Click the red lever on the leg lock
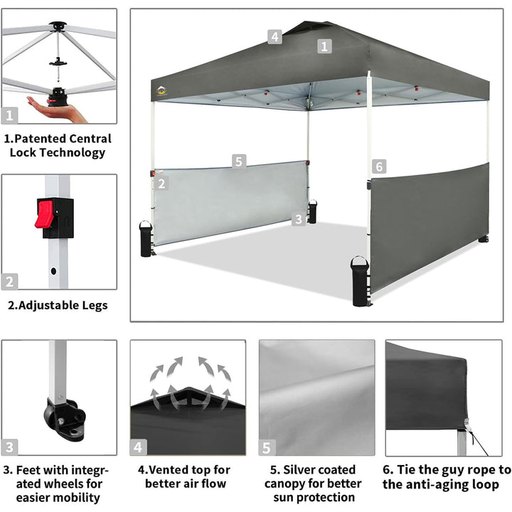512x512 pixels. coord(44,213)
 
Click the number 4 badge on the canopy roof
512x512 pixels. coord(274,37)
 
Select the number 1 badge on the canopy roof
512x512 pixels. coord(324,46)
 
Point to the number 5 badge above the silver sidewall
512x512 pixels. coord(239,161)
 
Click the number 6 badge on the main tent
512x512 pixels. coord(379,166)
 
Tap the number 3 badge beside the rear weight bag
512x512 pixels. coord(299,219)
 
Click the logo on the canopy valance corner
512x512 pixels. coord(161,91)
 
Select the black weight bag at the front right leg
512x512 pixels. coord(360,281)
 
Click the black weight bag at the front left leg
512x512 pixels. coord(146,239)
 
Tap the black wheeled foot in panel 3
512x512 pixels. coord(64,419)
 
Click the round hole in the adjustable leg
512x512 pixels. coord(53,271)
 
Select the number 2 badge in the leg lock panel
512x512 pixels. coord(9,282)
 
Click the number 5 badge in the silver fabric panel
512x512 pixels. coord(267,448)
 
